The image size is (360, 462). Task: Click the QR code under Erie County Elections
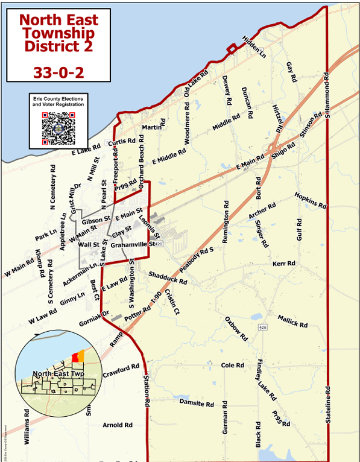click(x=58, y=128)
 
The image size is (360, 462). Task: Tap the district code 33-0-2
click(x=58, y=72)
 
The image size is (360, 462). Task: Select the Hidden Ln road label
click(x=254, y=46)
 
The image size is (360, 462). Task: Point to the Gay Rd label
click(x=292, y=72)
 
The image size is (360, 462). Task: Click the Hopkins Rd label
click(x=311, y=200)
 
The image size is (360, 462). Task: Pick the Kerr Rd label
click(x=283, y=264)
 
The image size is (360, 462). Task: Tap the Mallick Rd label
click(x=292, y=321)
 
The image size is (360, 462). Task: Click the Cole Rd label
click(x=232, y=365)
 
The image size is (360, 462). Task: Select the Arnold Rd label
click(x=118, y=425)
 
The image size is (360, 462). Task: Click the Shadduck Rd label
click(x=168, y=277)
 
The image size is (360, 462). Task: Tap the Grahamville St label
click(x=133, y=244)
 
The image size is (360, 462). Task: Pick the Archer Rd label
click(x=262, y=211)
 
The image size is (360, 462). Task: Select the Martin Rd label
click(x=153, y=128)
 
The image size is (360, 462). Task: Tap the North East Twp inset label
click(x=59, y=374)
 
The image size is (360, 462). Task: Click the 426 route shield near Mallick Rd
click(x=262, y=327)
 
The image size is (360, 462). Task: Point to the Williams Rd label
click(x=27, y=427)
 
